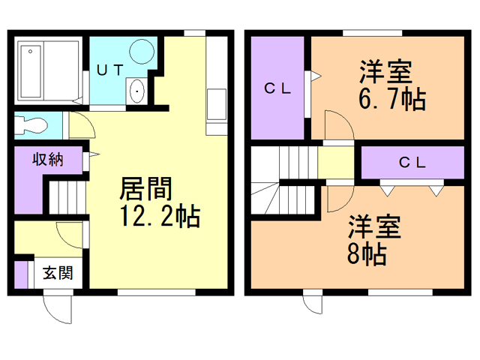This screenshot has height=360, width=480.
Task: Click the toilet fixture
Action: point(31,124)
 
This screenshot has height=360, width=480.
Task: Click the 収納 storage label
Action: point(46,159)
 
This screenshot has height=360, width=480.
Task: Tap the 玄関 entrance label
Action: point(57,273)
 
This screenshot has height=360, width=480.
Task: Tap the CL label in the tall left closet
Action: point(277,87)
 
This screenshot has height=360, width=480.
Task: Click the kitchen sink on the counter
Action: point(216,103)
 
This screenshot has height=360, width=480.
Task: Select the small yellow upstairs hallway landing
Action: point(337,162)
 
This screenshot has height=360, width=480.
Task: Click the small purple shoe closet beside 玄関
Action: point(21,274)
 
